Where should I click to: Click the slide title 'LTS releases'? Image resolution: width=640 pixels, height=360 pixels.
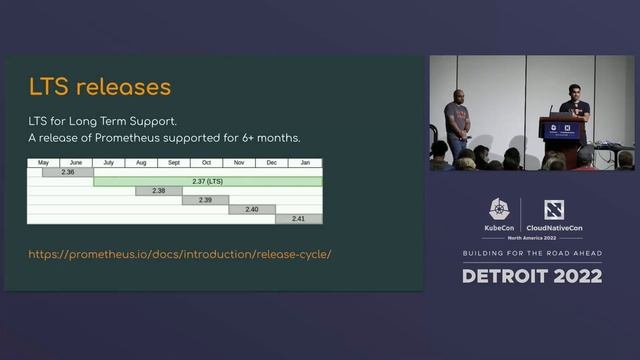click(99, 86)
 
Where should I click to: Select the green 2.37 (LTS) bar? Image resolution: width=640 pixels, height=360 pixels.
click(207, 181)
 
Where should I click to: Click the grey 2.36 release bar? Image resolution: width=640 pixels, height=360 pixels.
click(68, 172)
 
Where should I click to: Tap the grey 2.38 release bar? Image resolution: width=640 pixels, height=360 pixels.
click(159, 190)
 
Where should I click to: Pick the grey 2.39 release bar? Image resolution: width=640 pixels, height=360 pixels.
click(205, 200)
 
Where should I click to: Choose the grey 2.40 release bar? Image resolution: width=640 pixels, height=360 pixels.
click(252, 209)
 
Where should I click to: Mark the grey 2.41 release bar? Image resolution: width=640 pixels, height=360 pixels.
click(298, 218)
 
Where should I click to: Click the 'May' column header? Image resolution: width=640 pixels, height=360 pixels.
click(43, 162)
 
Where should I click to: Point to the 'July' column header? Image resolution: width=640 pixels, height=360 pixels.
click(108, 162)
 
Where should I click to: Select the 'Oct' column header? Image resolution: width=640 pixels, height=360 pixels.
click(206, 162)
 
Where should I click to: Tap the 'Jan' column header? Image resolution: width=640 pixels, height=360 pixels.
click(305, 162)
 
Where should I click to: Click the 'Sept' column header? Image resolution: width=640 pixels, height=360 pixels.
click(174, 162)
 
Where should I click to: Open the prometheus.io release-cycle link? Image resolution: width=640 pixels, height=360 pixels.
click(179, 254)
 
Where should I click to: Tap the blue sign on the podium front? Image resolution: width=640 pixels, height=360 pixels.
click(561, 130)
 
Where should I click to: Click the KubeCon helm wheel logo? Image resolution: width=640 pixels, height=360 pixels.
click(499, 209)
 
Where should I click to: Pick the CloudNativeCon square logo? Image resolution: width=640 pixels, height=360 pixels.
click(554, 209)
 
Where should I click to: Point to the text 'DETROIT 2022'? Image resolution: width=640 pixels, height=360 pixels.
click(531, 275)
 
